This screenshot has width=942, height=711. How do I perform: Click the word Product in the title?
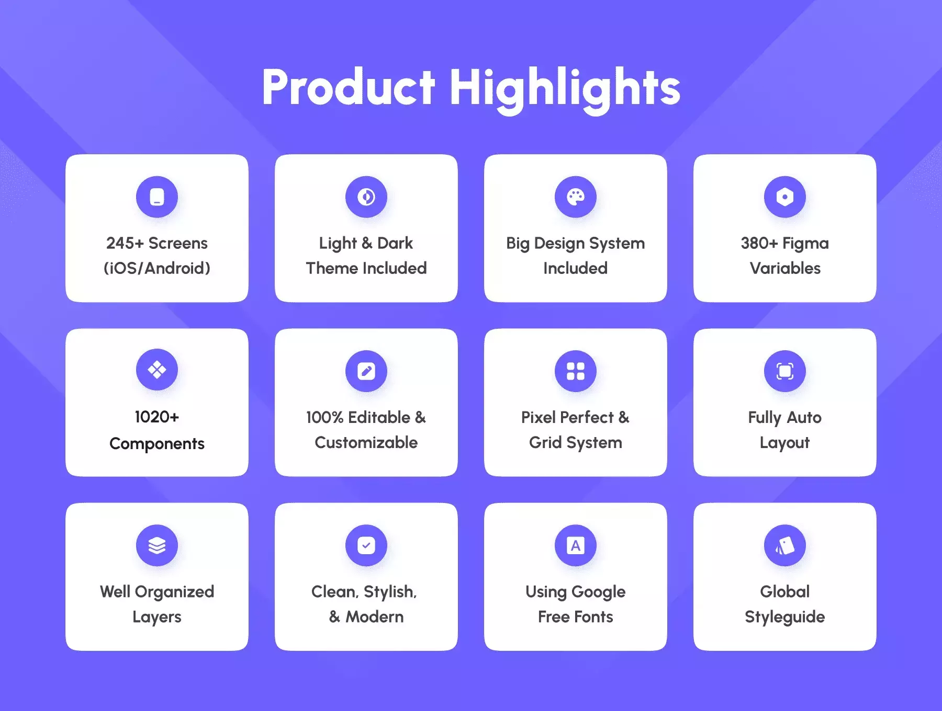point(349,87)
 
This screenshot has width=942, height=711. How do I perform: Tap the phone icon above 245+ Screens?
point(157,197)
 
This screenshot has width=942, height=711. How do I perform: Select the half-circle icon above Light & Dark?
point(366,197)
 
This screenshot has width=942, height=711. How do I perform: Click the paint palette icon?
point(576,197)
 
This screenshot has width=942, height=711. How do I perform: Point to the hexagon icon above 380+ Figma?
point(785,197)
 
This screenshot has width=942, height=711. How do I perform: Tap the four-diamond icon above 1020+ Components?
point(157,370)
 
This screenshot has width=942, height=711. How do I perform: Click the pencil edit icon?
point(366,371)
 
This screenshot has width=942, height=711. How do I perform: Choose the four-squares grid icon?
point(576,371)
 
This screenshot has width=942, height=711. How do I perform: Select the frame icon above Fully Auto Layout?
point(785,371)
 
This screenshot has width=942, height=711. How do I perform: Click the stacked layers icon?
point(157,545)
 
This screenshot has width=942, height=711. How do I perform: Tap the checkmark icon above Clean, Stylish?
point(366,545)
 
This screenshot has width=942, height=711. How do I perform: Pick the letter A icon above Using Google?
point(576,545)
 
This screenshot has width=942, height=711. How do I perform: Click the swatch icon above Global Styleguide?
point(785,545)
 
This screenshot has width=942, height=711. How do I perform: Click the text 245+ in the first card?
point(125,243)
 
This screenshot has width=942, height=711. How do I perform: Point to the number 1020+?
point(157,417)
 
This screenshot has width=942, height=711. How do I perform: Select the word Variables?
point(785,268)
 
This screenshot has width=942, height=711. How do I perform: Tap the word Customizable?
point(366,442)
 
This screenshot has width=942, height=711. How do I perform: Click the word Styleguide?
point(785,617)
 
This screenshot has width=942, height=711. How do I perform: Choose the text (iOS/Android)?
point(157,268)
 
